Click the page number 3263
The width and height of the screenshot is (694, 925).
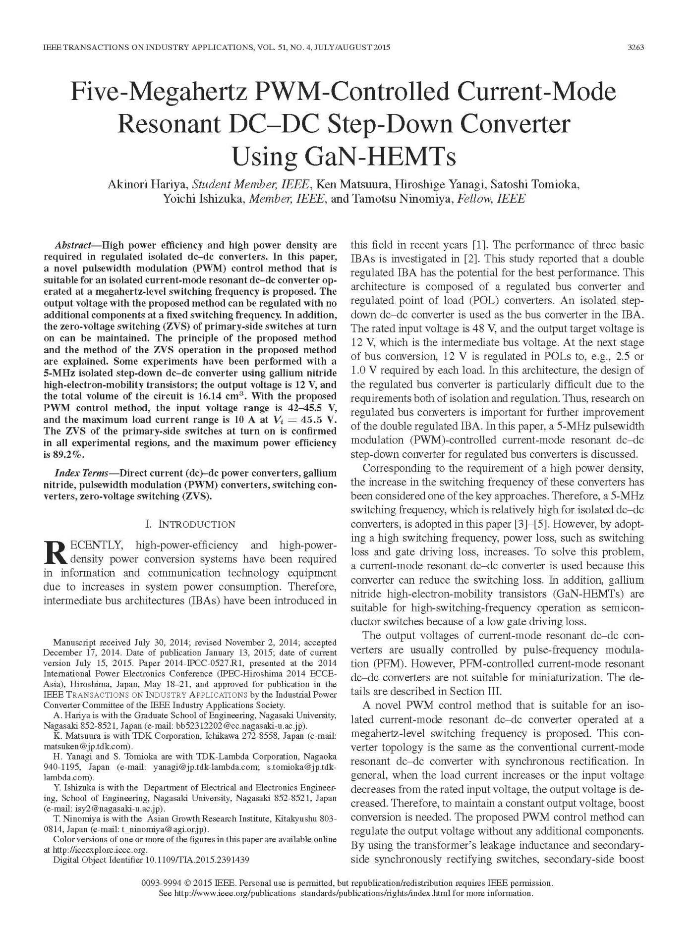[x=635, y=48]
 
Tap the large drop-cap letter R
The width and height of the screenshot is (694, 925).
[x=55, y=552]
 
